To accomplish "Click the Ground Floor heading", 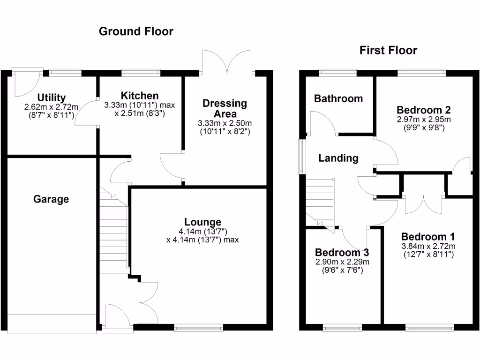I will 136,31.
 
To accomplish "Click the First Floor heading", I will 388,51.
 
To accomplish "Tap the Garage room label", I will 51,199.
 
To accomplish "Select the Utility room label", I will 52,97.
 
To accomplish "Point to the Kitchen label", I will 140,96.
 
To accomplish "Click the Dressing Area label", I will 225,108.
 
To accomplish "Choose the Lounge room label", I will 202,222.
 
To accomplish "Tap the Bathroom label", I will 338,98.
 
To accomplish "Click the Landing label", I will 338,158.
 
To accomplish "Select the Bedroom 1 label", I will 428,236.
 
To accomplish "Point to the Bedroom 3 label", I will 342,252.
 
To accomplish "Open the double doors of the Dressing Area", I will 227,62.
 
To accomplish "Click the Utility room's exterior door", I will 26,81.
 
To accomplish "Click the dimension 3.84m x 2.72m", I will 428,246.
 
